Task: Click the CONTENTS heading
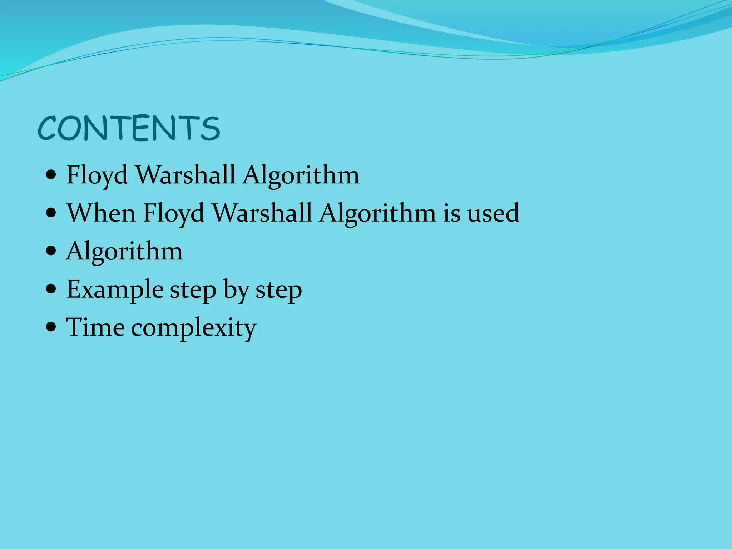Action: [129, 128]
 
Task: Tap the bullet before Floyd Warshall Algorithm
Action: [51, 175]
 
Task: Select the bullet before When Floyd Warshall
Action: [51, 213]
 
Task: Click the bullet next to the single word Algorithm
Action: [51, 251]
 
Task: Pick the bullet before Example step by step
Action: [51, 289]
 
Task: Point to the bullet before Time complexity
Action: [51, 327]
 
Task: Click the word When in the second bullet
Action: [101, 213]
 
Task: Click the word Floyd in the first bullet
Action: [97, 175]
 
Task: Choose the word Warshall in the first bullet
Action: [186, 175]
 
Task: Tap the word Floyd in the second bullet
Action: [174, 213]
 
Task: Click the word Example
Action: [115, 290]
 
